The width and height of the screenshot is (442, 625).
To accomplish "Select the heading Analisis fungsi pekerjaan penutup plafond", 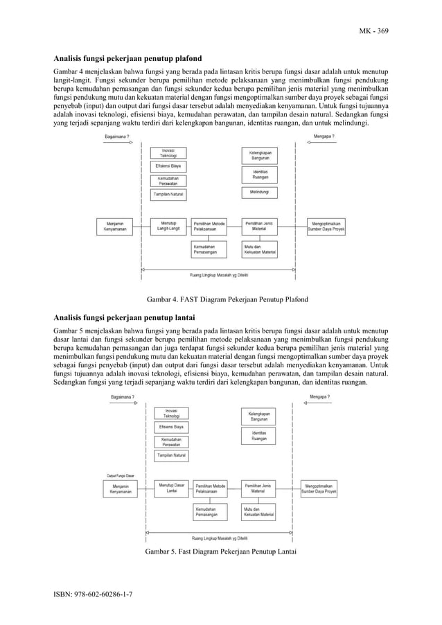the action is pyautogui.click(x=119, y=60).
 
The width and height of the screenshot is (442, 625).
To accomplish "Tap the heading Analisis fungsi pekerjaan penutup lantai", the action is pyautogui.click(x=115, y=318).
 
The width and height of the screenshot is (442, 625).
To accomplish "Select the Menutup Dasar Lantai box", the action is pyautogui.click(x=171, y=488).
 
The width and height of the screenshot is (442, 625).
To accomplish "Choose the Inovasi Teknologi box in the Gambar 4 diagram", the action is pyautogui.click(x=168, y=153).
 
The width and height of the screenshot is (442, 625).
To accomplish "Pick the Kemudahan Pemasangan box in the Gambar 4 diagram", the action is pyautogui.click(x=210, y=250).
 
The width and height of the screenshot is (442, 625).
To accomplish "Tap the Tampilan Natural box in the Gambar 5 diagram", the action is pyautogui.click(x=171, y=455).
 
